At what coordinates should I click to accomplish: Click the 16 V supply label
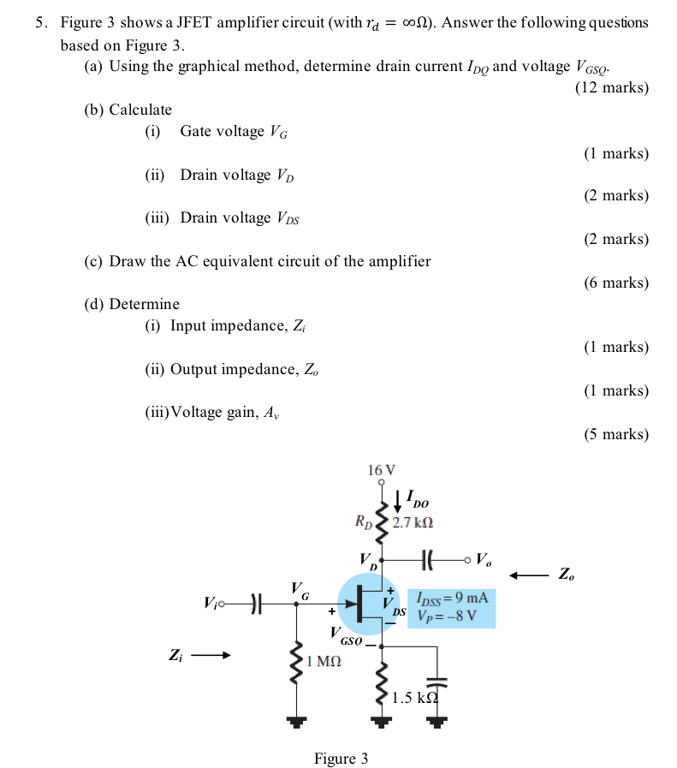(x=381, y=470)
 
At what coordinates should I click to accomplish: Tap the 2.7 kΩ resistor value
(x=413, y=521)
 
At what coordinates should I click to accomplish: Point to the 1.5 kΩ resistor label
(x=414, y=697)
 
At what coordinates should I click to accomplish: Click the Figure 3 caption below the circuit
(x=341, y=759)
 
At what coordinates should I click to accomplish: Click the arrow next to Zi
(x=211, y=657)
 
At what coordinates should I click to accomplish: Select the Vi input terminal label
(x=211, y=604)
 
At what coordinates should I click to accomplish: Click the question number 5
(x=40, y=22)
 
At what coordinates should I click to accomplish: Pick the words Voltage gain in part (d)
(x=214, y=413)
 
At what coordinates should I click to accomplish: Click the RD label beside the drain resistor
(x=364, y=520)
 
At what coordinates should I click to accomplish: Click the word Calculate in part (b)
(x=140, y=110)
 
